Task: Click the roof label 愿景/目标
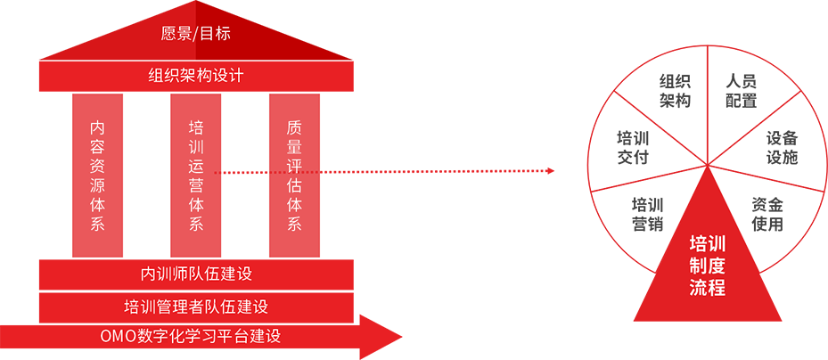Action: click(196, 34)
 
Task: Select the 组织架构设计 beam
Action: click(196, 75)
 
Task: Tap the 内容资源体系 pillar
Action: click(97, 176)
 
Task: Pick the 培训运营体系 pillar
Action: click(196, 176)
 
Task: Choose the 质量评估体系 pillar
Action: click(294, 176)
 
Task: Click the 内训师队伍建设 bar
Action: click(196, 274)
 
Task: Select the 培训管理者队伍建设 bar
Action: click(196, 307)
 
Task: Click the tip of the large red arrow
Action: click(402, 337)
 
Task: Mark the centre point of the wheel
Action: click(708, 166)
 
